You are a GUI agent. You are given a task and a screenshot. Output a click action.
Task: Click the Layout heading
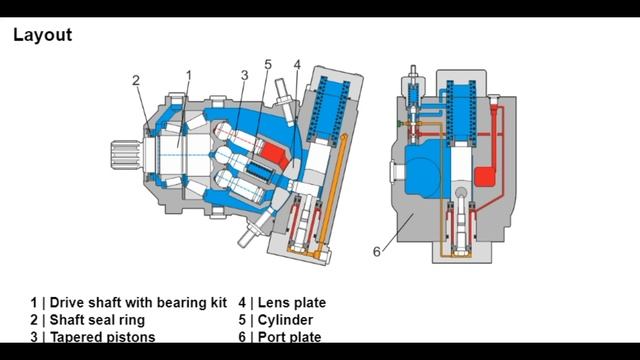point(42,36)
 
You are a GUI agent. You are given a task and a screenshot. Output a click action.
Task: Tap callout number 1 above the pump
point(189,75)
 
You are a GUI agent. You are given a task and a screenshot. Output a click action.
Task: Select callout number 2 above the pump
point(137,81)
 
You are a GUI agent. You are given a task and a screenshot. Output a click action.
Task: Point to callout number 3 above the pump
point(244,75)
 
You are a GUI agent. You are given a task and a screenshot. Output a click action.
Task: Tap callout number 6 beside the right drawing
point(377,251)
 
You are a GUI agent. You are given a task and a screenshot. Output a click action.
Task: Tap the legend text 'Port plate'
point(291,337)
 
